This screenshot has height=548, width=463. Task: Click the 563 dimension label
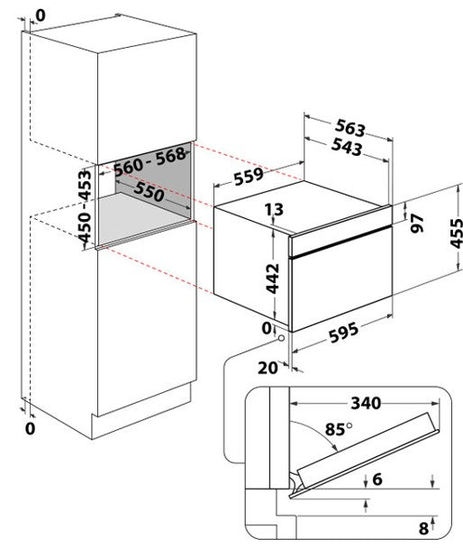(350, 128)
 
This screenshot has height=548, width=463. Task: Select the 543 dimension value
(347, 147)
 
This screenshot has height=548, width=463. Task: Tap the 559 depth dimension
(249, 177)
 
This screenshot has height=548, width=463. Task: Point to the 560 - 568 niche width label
(150, 161)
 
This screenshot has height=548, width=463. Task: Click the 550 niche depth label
(150, 191)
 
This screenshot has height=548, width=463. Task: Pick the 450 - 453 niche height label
(85, 206)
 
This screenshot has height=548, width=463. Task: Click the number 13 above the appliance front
(274, 210)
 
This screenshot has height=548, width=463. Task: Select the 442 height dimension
(273, 279)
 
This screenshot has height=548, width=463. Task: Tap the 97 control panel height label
(417, 224)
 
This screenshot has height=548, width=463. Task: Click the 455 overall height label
(456, 233)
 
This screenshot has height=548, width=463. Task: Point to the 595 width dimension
(343, 333)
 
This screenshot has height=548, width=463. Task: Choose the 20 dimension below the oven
(268, 368)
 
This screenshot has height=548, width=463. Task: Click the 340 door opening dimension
(366, 403)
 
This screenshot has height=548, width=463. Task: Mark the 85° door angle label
(339, 429)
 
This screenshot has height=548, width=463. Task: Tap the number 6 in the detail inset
(377, 479)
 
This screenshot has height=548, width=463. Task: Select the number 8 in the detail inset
(423, 528)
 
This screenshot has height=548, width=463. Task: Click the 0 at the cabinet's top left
(41, 15)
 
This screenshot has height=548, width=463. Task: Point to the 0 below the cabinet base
(31, 428)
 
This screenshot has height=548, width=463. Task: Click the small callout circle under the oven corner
(281, 338)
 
